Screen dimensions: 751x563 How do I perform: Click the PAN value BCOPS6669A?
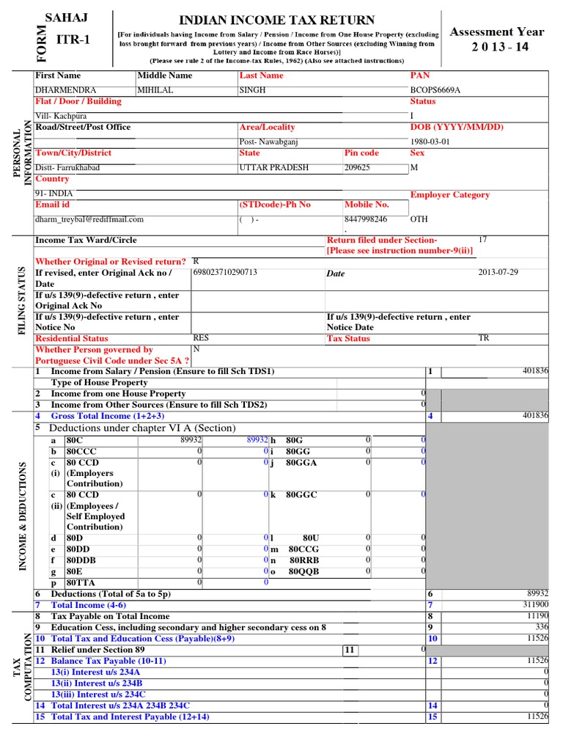[x=435, y=90]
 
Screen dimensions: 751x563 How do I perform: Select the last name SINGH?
[x=253, y=90]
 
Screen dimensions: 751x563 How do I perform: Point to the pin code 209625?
[x=358, y=167]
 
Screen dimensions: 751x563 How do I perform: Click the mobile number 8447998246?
[x=366, y=219]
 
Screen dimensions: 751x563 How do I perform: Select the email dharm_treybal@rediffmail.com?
[x=89, y=219]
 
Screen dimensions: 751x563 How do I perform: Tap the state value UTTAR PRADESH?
[x=274, y=167]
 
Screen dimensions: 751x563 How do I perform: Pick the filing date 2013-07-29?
[x=498, y=272]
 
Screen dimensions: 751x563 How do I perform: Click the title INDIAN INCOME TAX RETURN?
[x=277, y=20]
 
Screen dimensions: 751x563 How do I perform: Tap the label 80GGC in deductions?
[x=301, y=494]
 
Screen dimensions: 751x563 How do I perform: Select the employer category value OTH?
[x=419, y=219]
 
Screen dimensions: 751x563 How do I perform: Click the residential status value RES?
[x=201, y=338]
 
